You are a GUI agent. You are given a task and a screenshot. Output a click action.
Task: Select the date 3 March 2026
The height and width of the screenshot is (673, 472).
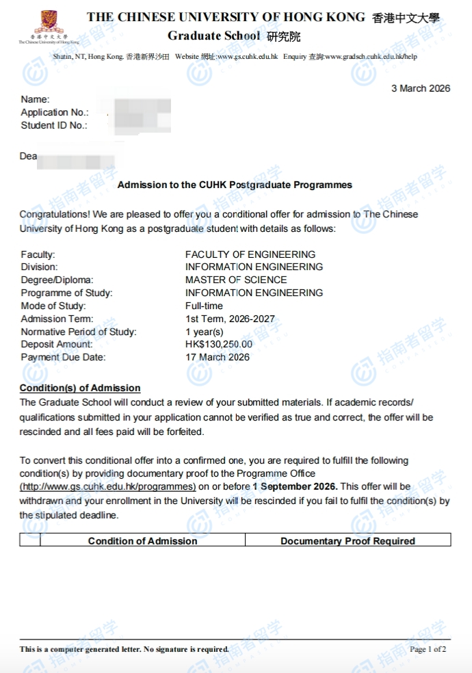pos(420,88)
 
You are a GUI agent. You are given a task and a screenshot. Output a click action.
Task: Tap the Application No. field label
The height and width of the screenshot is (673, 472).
pos(55,112)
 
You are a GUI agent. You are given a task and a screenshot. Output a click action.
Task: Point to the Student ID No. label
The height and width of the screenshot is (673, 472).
pos(54,125)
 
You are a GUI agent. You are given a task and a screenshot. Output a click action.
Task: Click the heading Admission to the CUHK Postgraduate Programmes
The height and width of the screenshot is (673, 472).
pos(235,185)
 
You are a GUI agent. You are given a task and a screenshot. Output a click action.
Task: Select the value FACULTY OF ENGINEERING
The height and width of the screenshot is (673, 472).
pos(250,254)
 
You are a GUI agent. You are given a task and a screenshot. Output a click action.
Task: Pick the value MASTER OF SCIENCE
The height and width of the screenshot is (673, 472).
pos(236,280)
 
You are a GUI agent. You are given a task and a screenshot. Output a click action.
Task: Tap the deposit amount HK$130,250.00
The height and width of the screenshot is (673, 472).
pos(219,344)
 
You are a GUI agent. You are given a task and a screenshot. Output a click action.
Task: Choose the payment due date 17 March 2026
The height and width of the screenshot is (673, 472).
pos(218,357)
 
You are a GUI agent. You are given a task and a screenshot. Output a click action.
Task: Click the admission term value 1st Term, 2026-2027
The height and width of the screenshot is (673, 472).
pos(230,319)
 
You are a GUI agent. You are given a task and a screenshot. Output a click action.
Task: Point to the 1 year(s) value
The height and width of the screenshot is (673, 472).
pos(205,332)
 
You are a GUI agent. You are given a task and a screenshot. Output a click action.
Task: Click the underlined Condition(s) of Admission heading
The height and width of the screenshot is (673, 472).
pos(80,388)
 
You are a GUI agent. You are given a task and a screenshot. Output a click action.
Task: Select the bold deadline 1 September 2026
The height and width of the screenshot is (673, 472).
pos(295,486)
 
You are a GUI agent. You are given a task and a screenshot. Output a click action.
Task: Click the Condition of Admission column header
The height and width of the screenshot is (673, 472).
pos(142,541)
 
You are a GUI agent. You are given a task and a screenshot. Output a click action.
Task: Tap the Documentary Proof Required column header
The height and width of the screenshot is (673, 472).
pos(348,541)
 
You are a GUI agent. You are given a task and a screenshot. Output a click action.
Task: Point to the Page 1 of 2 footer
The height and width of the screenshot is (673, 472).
pos(428,649)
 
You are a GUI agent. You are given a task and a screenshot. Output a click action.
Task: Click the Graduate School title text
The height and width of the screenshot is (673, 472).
pos(213,36)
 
